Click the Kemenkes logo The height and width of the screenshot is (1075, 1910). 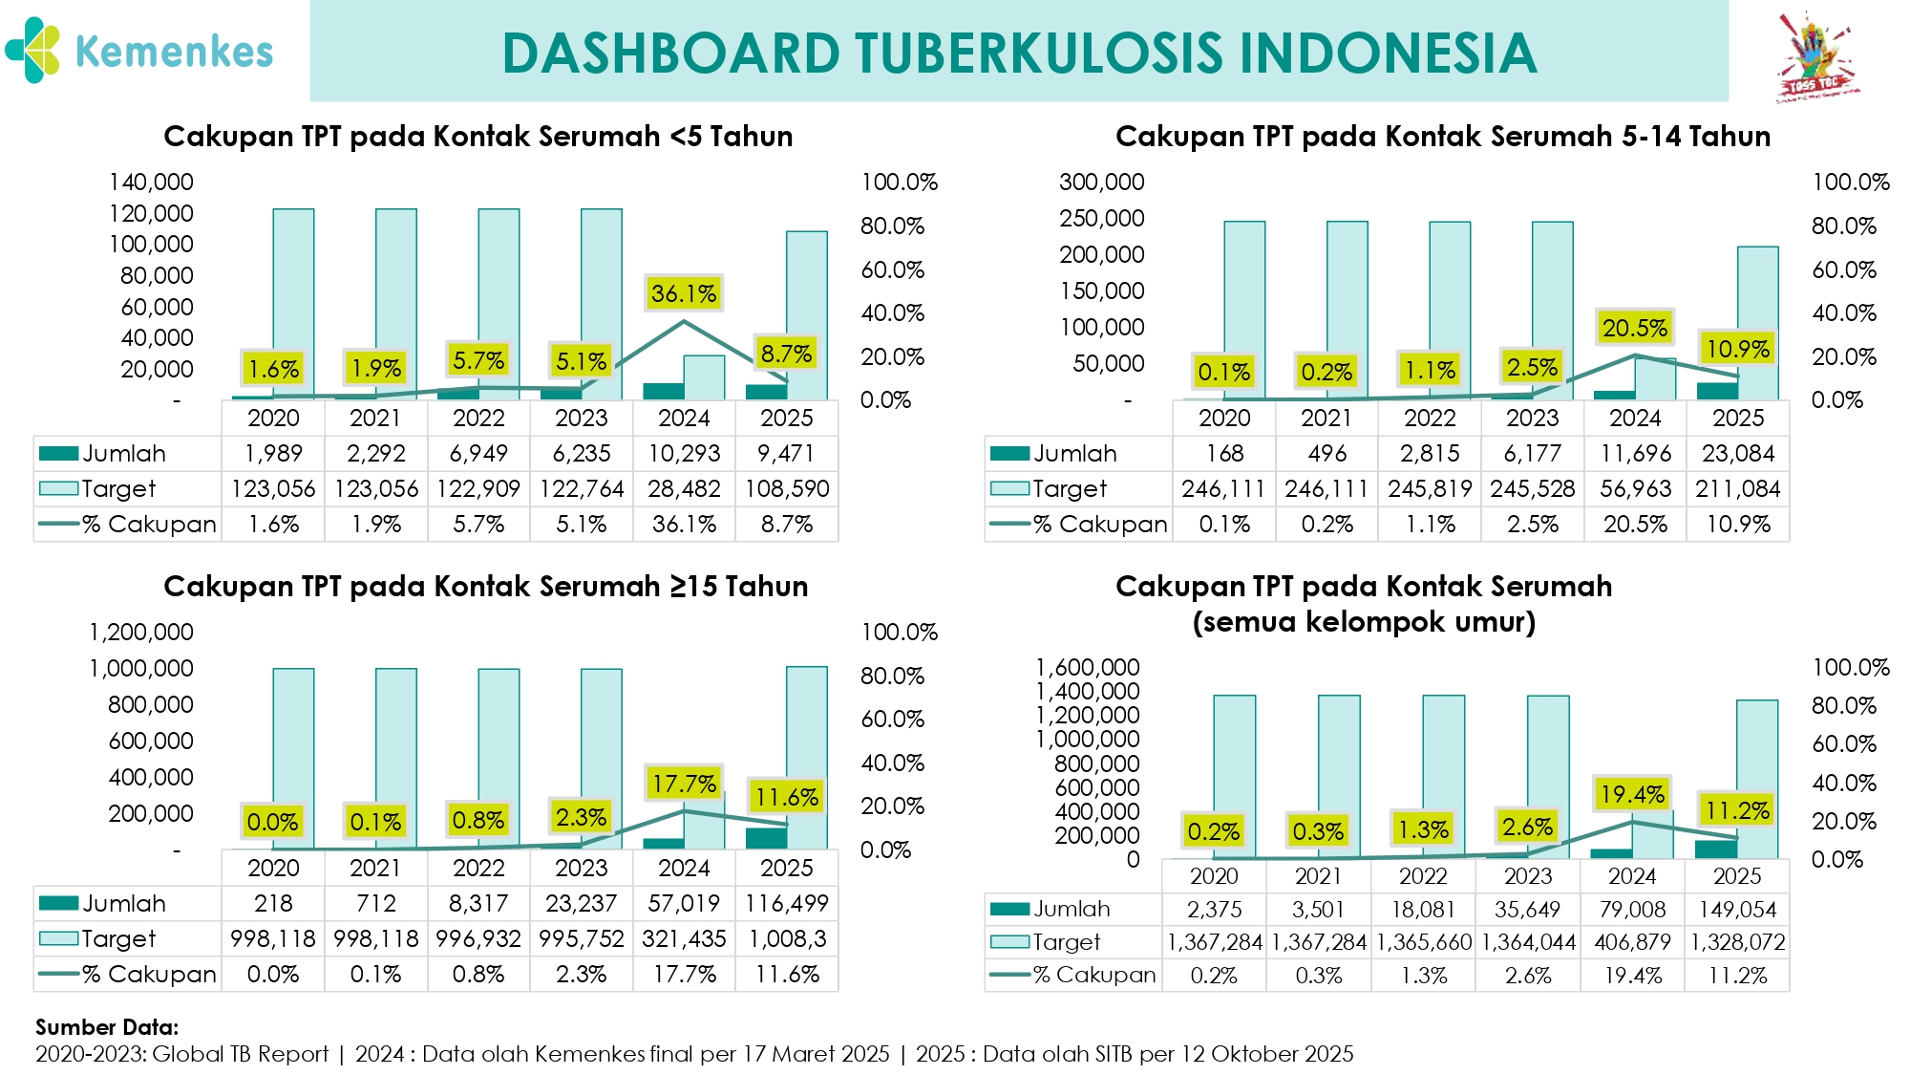[x=138, y=51]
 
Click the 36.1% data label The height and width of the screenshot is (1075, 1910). [x=684, y=293]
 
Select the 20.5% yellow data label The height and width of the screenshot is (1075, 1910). [x=1635, y=328]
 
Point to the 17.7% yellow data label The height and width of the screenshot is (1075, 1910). [x=684, y=784]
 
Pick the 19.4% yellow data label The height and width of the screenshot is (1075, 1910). [x=1632, y=793]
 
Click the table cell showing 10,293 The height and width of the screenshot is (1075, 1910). [x=684, y=453]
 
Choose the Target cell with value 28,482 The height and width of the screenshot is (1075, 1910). [x=684, y=488]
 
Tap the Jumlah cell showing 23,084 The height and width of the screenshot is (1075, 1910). [x=1738, y=453]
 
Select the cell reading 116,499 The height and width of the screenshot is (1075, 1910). [x=787, y=903]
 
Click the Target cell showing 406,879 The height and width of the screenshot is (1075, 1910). [x=1632, y=941]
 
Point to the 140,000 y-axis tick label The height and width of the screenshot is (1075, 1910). [x=151, y=182]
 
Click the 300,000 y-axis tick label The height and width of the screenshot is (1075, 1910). [x=1101, y=182]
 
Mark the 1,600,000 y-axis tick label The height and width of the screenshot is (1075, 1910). [x=1088, y=667]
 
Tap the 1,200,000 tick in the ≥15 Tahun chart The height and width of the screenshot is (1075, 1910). [x=141, y=632]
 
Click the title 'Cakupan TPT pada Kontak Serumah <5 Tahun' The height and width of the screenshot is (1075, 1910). [x=477, y=137]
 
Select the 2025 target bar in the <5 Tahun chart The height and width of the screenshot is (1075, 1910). [x=807, y=315]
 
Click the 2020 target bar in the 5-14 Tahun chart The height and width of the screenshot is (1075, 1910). [x=1244, y=311]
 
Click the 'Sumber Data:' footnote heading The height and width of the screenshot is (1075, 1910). [x=107, y=1027]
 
